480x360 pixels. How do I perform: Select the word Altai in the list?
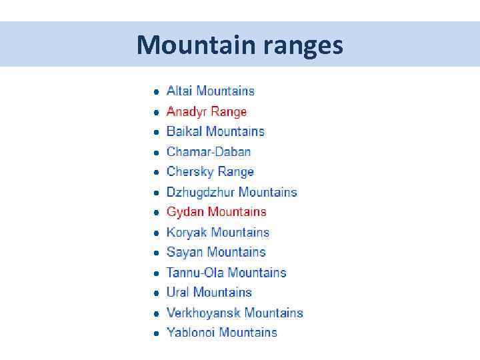pyautogui.click(x=179, y=91)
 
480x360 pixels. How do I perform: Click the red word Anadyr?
pyautogui.click(x=186, y=111)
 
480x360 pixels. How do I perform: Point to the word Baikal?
pyautogui.click(x=184, y=131)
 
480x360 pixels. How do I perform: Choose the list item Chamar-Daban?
pyautogui.click(x=209, y=151)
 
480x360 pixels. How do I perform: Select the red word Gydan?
pyautogui.click(x=185, y=212)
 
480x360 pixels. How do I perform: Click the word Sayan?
pyautogui.click(x=184, y=252)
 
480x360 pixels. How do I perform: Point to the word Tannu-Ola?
pyautogui.click(x=195, y=272)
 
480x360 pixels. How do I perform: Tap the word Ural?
pyautogui.click(x=178, y=292)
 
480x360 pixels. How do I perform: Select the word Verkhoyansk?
pyautogui.click(x=203, y=313)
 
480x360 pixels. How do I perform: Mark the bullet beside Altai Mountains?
pyautogui.click(x=155, y=91)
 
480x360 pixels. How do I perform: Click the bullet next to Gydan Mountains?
pyautogui.click(x=155, y=213)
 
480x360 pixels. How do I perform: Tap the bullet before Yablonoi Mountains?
pyautogui.click(x=155, y=333)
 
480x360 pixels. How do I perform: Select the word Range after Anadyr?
pyautogui.click(x=229, y=111)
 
